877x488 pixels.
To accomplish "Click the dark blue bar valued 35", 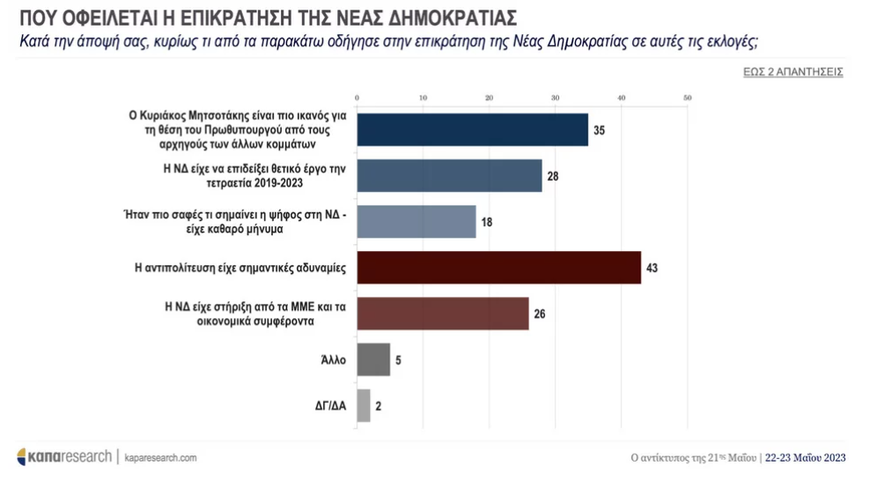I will pos(472,129).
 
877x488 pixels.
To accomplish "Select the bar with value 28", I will pos(449,175).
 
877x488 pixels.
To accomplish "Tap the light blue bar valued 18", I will pos(416,221).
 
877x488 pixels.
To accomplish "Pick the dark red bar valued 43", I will pos(498,267).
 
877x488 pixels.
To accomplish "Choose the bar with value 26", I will pos(442,313).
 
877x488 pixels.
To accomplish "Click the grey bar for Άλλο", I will pos(373,359).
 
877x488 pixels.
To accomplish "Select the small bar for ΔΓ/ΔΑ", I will pos(364,405).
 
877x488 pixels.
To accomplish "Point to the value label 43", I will pos(652,268).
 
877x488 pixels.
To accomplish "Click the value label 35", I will pos(599,130).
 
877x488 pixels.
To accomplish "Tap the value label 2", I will pos(380,406).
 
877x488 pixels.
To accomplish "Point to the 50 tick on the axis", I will pos(687,97).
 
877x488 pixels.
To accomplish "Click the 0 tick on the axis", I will pos(357,97).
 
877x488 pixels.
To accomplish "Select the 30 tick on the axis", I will pos(555,97).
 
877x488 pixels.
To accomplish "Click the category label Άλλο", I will pos(335,360).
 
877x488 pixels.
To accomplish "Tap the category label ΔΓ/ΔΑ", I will pos(328,406).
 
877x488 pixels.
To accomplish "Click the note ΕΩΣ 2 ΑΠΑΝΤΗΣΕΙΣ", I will pos(792,71).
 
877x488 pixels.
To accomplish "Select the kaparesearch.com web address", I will pos(160,457).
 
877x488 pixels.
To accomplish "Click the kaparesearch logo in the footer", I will pos(64,456).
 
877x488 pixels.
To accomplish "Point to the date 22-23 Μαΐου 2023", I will pos(806,457).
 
